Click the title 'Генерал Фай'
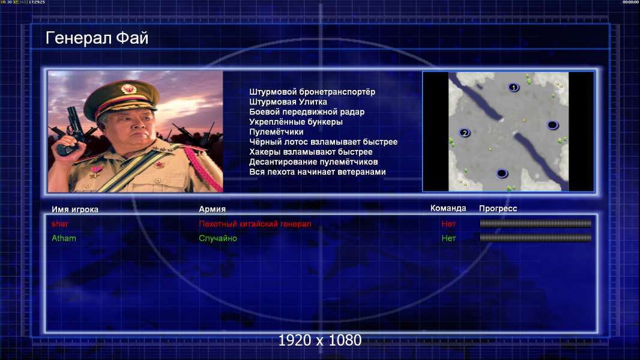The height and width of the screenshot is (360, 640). click(97, 38)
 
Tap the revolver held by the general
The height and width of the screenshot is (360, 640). click(70, 130)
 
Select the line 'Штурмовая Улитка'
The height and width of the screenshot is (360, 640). click(288, 102)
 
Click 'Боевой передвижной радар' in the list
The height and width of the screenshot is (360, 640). click(307, 112)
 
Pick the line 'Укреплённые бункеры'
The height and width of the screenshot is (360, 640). click(296, 122)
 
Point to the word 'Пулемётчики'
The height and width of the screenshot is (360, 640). click(276, 131)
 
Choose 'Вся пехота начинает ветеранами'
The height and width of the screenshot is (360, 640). click(318, 172)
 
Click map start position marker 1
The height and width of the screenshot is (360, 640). click(513, 87)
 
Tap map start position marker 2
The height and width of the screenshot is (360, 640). click(465, 133)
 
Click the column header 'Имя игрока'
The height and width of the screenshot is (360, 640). click(74, 209)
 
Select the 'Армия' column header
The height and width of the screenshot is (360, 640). click(213, 209)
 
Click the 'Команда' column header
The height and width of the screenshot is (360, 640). click(448, 208)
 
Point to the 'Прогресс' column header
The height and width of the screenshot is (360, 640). click(498, 209)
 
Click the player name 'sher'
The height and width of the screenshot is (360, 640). click(60, 224)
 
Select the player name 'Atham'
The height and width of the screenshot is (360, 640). click(64, 238)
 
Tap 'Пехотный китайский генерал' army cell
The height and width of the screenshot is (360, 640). click(255, 224)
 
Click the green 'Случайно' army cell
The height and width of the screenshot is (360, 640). click(218, 238)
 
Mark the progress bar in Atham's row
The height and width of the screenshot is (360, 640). click(536, 238)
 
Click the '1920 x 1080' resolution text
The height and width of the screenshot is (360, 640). click(320, 340)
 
